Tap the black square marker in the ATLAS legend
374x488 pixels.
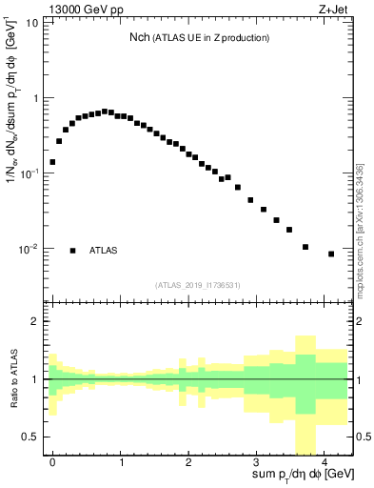coord(72,251)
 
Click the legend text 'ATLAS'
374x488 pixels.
coord(104,251)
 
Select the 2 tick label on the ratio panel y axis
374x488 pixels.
coord(33,321)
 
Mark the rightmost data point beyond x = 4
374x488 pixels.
coord(331,254)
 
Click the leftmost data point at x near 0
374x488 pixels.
coord(52,162)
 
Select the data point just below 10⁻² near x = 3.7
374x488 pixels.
coord(305,247)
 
